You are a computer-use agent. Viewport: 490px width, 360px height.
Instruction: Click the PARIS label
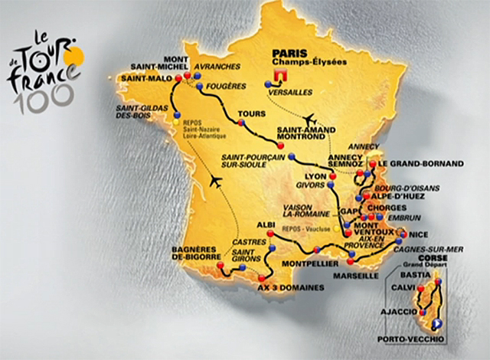coord(281,55)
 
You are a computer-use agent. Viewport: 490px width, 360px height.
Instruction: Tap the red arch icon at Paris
coord(278,77)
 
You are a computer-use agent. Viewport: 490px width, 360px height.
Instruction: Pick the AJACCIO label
coord(397,312)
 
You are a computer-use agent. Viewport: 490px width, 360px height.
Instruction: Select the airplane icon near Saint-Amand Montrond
coord(310,119)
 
